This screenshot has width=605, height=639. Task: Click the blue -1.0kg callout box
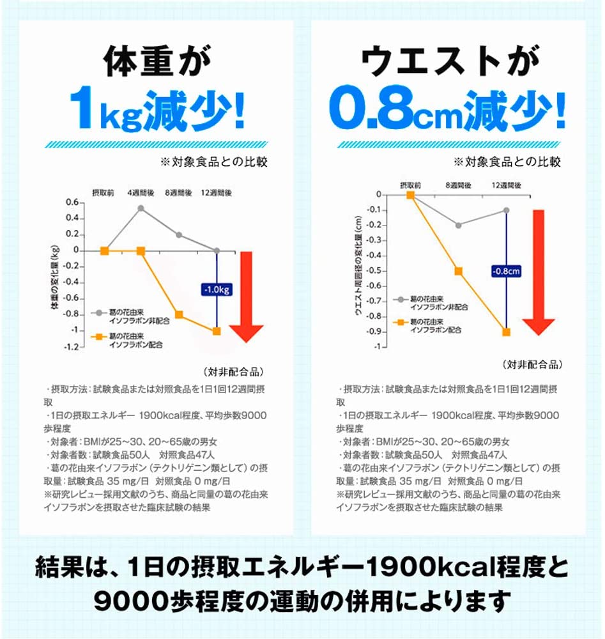(217, 290)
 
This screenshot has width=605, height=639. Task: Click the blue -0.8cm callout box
(507, 272)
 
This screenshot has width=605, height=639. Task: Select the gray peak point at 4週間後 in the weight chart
(141, 208)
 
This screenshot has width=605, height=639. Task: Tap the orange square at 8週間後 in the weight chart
(179, 314)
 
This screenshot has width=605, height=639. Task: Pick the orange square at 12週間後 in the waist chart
(506, 332)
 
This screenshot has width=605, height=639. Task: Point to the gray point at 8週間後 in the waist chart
(458, 225)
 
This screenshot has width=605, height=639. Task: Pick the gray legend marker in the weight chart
(99, 312)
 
